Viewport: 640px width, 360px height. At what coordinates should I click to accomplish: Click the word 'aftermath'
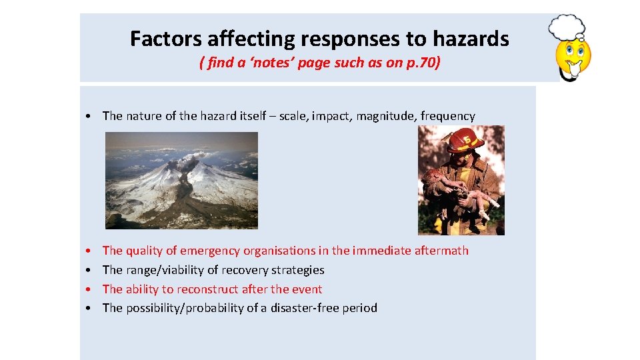(x=441, y=251)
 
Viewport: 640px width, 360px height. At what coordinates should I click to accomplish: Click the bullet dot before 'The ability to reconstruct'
(x=89, y=289)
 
